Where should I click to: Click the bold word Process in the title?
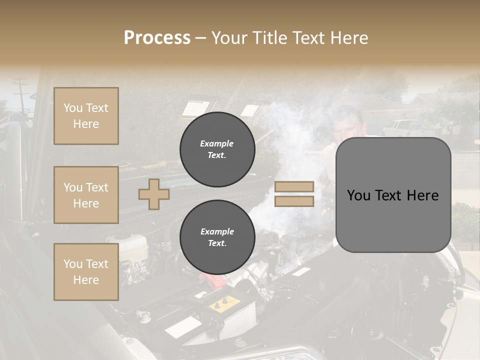[x=157, y=38]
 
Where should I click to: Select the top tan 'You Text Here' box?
[x=86, y=116]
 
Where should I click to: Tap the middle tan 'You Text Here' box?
[x=86, y=195]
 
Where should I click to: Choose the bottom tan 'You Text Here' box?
[x=86, y=272]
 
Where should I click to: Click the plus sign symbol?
[x=154, y=194]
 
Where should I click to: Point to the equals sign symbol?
[x=294, y=194]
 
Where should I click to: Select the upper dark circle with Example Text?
[x=217, y=149]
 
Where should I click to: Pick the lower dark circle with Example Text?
[x=217, y=237]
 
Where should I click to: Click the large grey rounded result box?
[x=393, y=195]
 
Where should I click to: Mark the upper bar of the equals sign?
[x=294, y=187]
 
